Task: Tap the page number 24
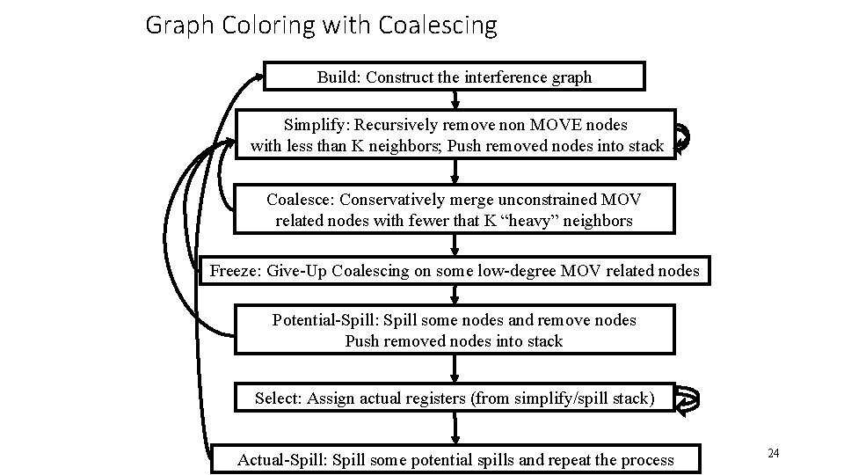coord(774,453)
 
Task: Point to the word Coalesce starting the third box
coord(299,200)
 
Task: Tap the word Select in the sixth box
coord(277,398)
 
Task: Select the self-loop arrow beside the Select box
coord(688,399)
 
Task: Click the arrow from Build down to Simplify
coord(455,99)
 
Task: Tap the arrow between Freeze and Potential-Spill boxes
coord(455,295)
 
